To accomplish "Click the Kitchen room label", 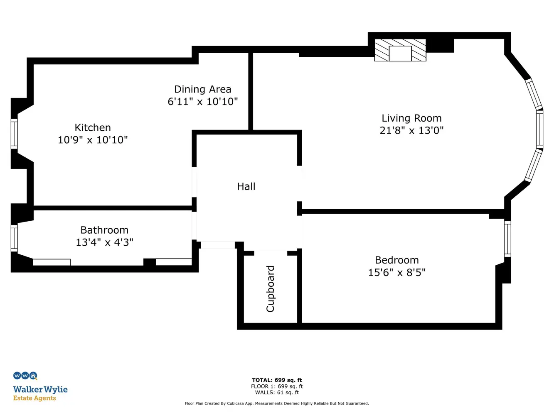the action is (x=93, y=127).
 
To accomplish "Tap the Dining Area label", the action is (x=203, y=89).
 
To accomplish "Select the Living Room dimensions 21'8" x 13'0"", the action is (x=411, y=131).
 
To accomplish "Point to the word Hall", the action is (x=246, y=186).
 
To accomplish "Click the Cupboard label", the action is (x=270, y=289).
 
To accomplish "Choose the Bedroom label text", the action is (x=397, y=260).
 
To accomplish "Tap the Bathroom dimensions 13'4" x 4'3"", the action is (x=104, y=242).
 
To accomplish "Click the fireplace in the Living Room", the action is (x=400, y=50).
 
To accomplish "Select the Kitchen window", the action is (x=14, y=134).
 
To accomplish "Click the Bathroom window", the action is (x=14, y=238).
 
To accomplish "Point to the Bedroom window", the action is (x=507, y=239).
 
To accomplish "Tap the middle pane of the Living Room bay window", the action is (x=539, y=129).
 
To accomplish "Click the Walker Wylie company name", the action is (x=40, y=389).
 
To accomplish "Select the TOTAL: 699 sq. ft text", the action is (x=277, y=380).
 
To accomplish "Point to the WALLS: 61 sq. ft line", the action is (x=277, y=392).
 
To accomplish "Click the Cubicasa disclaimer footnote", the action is (x=277, y=403).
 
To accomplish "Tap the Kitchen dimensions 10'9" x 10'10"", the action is (x=93, y=140).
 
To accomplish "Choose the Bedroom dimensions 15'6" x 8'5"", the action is (x=397, y=273).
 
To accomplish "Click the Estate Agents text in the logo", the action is (x=34, y=398).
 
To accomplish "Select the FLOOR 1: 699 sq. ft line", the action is (x=277, y=386).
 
